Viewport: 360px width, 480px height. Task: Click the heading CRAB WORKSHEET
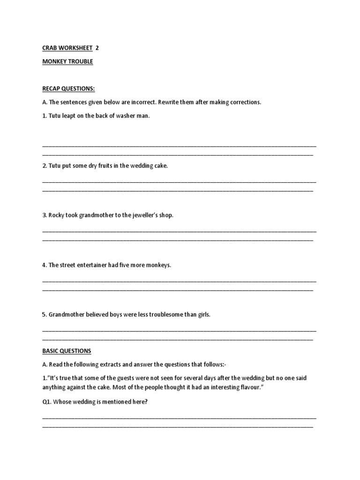coord(67,48)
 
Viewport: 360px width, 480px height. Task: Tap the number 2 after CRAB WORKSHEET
coord(97,48)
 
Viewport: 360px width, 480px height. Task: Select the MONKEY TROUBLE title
coord(67,62)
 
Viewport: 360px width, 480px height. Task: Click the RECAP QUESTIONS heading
coord(68,89)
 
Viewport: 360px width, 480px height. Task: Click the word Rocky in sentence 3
coord(56,215)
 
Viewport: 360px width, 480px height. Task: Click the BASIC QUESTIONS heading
coord(67,351)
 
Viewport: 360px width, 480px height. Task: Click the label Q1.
coord(47,402)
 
